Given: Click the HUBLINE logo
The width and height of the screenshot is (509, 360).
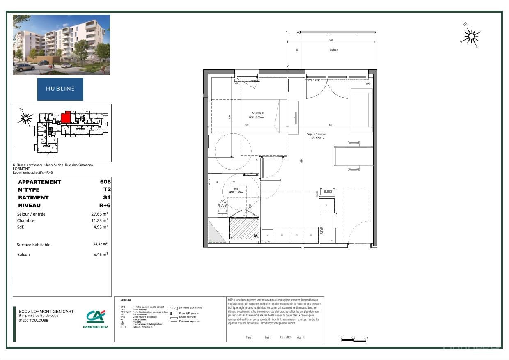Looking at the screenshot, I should click(x=60, y=89).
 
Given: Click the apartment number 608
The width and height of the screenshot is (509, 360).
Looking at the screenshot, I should click(x=105, y=182).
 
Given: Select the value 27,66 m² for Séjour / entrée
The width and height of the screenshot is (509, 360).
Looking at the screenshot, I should click(x=99, y=214).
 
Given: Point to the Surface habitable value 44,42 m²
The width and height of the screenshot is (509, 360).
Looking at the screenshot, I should click(x=100, y=244).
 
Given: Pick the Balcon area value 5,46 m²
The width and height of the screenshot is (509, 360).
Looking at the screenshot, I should click(x=100, y=255).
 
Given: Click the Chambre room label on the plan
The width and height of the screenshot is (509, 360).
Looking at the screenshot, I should click(x=258, y=112).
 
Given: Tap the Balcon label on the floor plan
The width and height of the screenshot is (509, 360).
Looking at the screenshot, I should click(x=334, y=50).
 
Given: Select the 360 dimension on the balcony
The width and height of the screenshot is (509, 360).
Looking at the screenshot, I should click(x=331, y=40).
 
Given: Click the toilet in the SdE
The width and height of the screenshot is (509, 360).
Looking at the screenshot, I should click(x=222, y=206).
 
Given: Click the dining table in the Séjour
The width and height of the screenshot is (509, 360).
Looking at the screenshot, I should click(x=353, y=156).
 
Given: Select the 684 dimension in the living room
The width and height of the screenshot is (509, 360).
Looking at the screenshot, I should click(x=301, y=161).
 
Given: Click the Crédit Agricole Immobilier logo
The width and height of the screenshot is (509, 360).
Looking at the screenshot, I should click(x=95, y=319).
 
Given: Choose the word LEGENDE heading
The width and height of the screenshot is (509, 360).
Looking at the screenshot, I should click(x=126, y=300).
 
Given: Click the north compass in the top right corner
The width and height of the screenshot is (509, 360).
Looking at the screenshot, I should click(x=471, y=36).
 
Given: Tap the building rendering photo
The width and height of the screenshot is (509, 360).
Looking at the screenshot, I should click(x=61, y=45).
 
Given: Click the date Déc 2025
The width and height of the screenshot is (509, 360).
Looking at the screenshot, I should click(x=285, y=337).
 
